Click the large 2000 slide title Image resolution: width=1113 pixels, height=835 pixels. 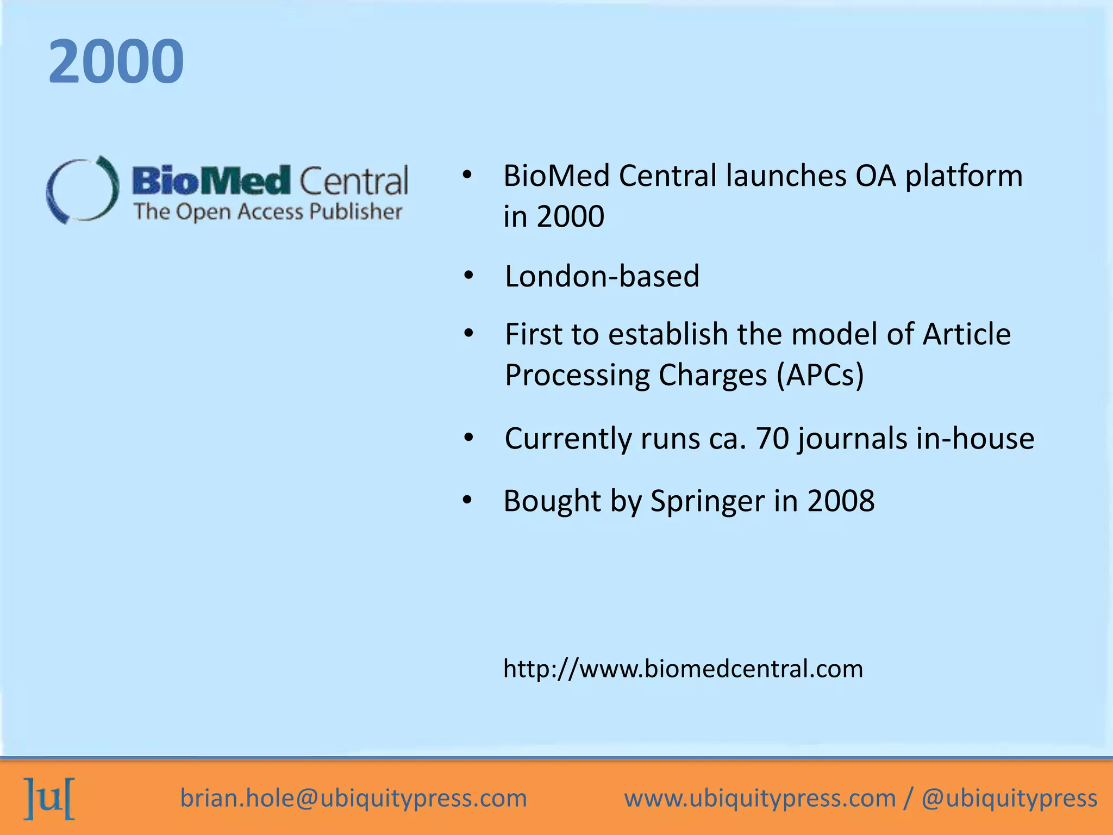pyautogui.click(x=116, y=61)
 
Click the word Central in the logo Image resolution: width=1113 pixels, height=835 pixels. pyautogui.click(x=353, y=180)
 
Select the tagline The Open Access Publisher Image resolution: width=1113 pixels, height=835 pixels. pyautogui.click(x=268, y=211)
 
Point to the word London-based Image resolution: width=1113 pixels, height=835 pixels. pyautogui.click(x=602, y=276)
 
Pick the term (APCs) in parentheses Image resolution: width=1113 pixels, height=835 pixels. pyautogui.click(x=820, y=375)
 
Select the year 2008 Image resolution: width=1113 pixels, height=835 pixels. pyautogui.click(x=841, y=501)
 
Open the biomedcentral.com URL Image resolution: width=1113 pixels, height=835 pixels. pyautogui.click(x=683, y=669)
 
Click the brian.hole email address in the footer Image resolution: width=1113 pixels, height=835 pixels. pyautogui.click(x=354, y=798)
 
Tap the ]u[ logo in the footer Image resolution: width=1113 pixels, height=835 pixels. pyautogui.click(x=49, y=798)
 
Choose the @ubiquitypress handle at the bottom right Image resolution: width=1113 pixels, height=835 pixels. pyautogui.click(x=1009, y=798)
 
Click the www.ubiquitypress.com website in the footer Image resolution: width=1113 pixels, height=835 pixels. pyautogui.click(x=760, y=798)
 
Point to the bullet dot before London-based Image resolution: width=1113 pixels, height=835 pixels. pyautogui.click(x=469, y=276)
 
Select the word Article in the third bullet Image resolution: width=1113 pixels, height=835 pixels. pyautogui.click(x=967, y=334)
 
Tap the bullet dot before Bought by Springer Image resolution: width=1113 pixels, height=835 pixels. pyautogui.click(x=467, y=500)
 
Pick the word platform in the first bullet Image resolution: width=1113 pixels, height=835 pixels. pyautogui.click(x=964, y=176)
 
